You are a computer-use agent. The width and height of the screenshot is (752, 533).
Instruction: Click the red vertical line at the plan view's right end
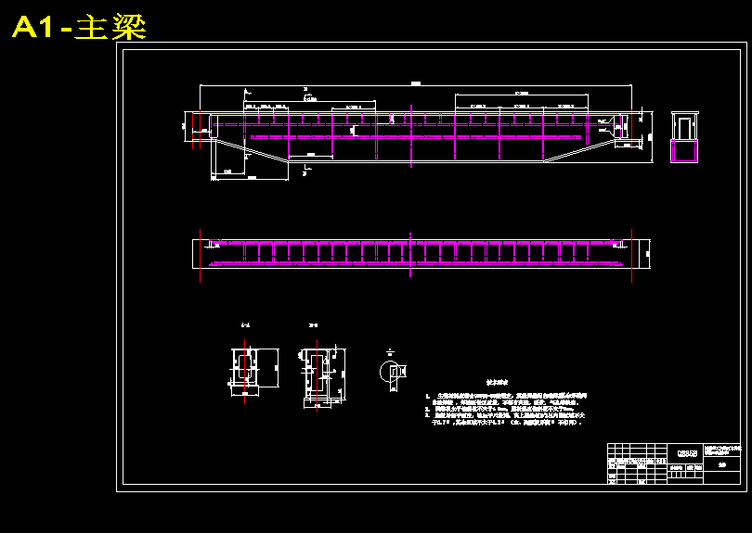click(632, 254)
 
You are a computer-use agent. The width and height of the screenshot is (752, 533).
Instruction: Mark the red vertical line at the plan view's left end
click(201, 252)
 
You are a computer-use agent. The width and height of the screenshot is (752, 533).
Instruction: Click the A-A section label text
click(245, 326)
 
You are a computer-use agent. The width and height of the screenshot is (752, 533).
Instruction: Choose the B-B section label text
click(314, 326)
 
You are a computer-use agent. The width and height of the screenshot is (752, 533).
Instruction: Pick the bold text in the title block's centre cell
click(687, 453)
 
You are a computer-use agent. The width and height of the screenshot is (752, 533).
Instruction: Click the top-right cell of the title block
click(724, 451)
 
